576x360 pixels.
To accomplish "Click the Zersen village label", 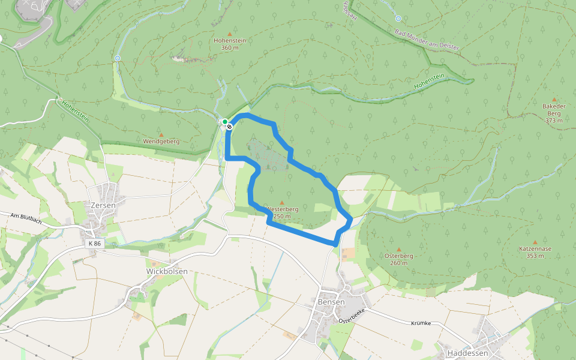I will coord(103,205).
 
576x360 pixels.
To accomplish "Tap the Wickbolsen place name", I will coord(167,271).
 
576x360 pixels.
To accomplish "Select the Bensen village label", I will coord(331,302).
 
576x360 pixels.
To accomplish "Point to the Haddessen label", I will coord(465,353).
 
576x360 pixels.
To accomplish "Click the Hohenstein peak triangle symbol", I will coord(229,34).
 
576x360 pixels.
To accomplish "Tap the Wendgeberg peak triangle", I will coord(161,134).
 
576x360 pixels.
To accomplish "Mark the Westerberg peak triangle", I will coord(281,203).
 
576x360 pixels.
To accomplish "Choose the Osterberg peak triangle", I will coord(398,249).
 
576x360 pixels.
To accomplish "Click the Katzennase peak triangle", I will coord(535,242).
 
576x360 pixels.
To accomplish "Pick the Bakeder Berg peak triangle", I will coord(554,100).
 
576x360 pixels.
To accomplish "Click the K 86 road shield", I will coord(94,244).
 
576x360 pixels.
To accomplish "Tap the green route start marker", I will coord(224,122).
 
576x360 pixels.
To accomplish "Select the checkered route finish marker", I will coord(229,126).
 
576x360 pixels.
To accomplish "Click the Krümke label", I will coord(421,323).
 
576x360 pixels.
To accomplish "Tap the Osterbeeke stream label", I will coord(352,317).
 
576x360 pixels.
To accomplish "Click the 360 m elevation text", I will coord(230,47).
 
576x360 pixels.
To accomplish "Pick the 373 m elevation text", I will coord(554,120).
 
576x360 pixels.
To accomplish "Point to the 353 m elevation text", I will coord(535,256).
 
